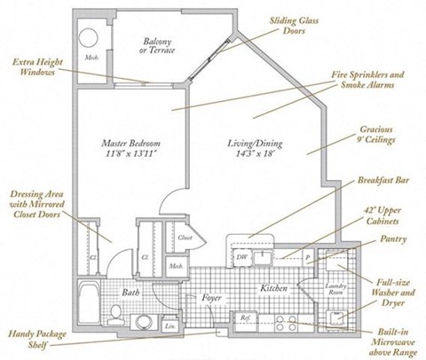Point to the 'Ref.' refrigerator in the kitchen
[244, 317]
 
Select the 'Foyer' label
[210, 298]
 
